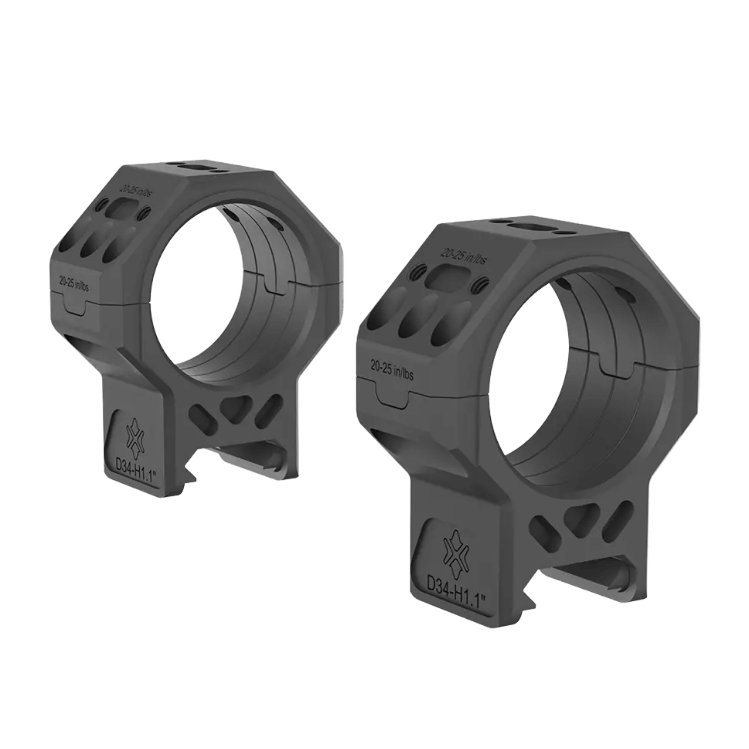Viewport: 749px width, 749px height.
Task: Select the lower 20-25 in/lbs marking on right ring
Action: [391, 371]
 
